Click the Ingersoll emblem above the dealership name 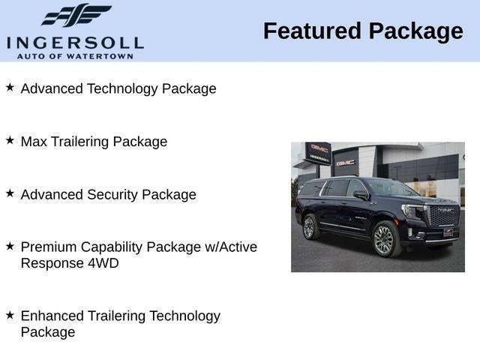(76, 15)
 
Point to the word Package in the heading (416, 31)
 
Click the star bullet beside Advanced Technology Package (10, 88)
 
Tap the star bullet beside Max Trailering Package (10, 140)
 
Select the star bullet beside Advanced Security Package (10, 193)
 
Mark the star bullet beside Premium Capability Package (10, 246)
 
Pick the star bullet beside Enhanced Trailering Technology (10, 315)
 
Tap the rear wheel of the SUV (309, 227)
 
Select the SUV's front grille (443, 214)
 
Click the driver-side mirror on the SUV (361, 194)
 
